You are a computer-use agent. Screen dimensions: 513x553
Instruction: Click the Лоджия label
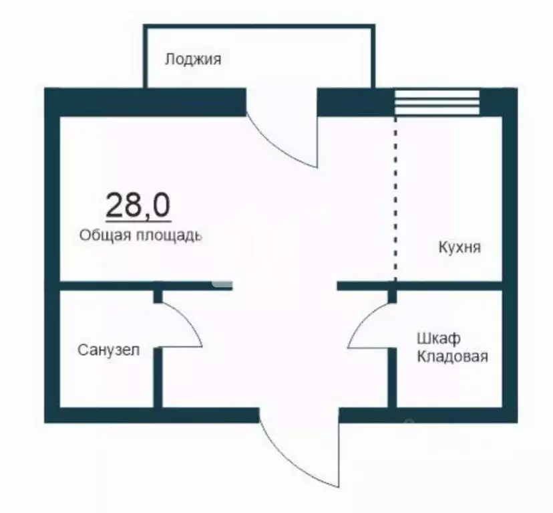click(193, 59)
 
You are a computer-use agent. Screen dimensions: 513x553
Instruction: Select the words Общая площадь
click(140, 235)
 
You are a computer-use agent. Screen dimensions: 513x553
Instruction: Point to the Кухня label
click(459, 247)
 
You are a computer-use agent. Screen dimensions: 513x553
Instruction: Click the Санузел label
click(109, 349)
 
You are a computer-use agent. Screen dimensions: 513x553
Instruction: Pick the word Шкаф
click(439, 338)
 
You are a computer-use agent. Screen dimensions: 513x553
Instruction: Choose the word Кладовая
click(452, 356)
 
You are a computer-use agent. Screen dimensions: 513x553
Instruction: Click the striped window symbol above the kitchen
click(437, 102)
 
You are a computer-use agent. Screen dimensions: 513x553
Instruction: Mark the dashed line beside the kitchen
click(395, 201)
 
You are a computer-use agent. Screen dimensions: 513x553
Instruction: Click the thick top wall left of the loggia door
click(147, 102)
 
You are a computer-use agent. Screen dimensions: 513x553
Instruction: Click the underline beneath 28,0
click(138, 221)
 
